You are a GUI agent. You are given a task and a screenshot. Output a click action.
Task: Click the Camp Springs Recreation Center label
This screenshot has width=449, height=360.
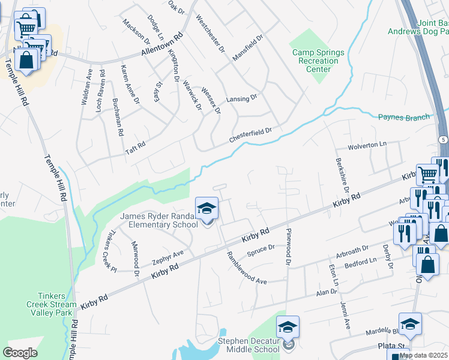[315, 61]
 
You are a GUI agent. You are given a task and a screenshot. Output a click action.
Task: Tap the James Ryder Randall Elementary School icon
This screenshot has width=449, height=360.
[206, 209]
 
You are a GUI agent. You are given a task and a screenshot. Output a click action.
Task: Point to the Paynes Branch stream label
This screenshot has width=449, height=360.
[404, 117]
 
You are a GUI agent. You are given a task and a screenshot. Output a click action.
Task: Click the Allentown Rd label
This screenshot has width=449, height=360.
[161, 45]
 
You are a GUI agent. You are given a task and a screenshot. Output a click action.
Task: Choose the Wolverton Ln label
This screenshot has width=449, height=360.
[368, 145]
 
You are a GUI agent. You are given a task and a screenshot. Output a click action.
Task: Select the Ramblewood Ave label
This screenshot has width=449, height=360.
[246, 268]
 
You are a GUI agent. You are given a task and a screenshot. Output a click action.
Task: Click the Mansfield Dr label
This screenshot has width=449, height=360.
[248, 47]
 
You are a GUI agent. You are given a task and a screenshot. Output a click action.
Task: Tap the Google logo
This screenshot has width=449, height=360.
[20, 352]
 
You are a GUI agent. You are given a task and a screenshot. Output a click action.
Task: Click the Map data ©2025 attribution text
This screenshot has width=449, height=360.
[423, 355]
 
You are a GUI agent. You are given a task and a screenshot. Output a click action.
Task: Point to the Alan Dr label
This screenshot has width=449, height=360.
[327, 292]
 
